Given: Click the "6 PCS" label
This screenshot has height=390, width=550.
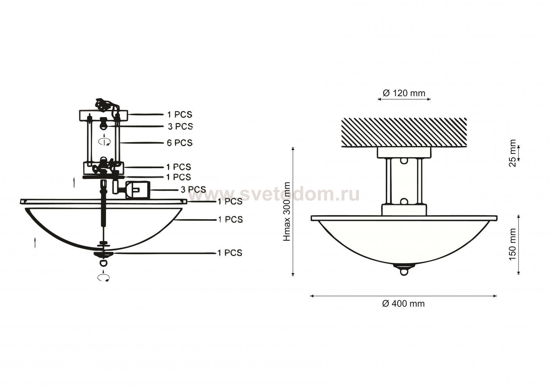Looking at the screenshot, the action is click(180, 143).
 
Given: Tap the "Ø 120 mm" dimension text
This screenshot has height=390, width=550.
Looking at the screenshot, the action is click(404, 93).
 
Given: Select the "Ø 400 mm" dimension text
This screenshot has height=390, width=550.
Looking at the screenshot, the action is click(403, 304).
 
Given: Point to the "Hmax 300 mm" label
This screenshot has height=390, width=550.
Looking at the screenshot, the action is click(287, 212).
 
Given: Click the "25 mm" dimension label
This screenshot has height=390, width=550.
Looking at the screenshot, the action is click(513, 153).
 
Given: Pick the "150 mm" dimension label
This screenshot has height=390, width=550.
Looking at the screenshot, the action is click(513, 245).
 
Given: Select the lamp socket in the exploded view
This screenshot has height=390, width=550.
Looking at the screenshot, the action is click(131, 189).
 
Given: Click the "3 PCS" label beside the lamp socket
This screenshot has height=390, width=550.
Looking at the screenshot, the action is click(193, 189).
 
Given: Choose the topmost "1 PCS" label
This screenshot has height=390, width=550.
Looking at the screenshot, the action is click(180, 115).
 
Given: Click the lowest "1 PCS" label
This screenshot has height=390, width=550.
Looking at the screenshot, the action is click(230, 253).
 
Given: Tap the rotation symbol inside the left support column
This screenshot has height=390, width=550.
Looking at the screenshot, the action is click(104, 141).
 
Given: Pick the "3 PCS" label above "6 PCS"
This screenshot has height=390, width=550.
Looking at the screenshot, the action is click(180, 126).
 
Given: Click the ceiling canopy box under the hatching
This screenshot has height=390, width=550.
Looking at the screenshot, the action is click(404, 153).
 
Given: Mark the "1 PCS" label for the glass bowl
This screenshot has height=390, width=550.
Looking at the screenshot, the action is click(230, 219).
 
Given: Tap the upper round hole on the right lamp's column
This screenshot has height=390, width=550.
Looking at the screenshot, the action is click(404, 161).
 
